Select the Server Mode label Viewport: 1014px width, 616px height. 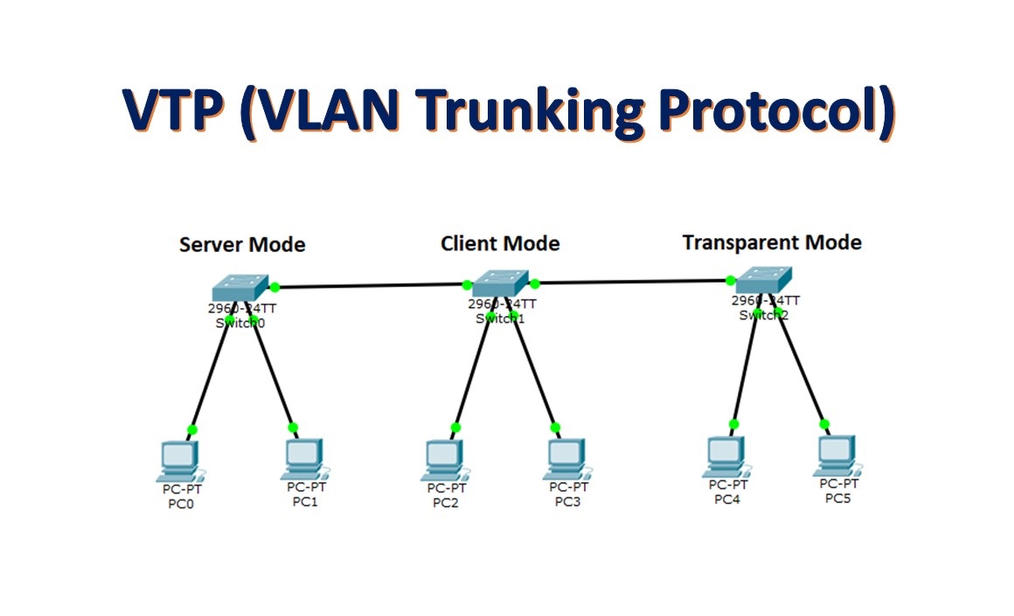[x=242, y=244]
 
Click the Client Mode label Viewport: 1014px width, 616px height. [x=500, y=243]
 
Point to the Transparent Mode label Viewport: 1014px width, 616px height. [x=772, y=242]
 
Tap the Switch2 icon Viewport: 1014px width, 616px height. [x=763, y=281]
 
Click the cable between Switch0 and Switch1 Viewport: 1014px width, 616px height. [x=371, y=285]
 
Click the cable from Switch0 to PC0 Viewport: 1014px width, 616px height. [x=211, y=375]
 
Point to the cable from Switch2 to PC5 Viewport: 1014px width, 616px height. [x=801, y=367]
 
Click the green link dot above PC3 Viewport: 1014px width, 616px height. [x=555, y=428]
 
